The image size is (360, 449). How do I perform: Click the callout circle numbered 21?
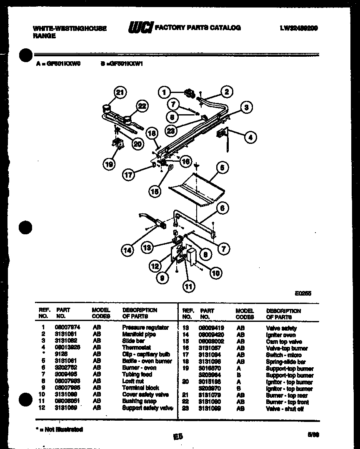pyautogui.click(x=120, y=93)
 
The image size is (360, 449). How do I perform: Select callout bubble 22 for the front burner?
pyautogui.click(x=142, y=107)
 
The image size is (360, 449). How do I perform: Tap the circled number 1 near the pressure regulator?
pyautogui.click(x=165, y=93)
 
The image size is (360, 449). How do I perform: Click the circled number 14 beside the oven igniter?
pyautogui.click(x=128, y=250)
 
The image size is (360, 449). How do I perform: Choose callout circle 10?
pyautogui.click(x=215, y=273)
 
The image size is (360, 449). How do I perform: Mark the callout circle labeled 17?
pyautogui.click(x=129, y=175)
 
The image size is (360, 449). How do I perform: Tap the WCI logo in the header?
pyautogui.click(x=140, y=28)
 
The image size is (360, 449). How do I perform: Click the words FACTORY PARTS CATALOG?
pyautogui.click(x=197, y=28)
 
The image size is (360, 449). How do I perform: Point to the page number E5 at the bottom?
pyautogui.click(x=178, y=436)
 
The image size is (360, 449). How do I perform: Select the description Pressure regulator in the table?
pyautogui.click(x=145, y=328)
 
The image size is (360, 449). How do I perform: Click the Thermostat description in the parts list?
pyautogui.click(x=136, y=348)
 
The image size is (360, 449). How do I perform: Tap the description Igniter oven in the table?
pyautogui.click(x=281, y=335)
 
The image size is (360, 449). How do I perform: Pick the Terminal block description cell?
pyautogui.click(x=140, y=388)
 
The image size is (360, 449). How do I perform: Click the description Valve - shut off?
pyautogui.click(x=285, y=409)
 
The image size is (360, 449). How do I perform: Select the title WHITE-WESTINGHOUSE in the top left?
pyautogui.click(x=69, y=28)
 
